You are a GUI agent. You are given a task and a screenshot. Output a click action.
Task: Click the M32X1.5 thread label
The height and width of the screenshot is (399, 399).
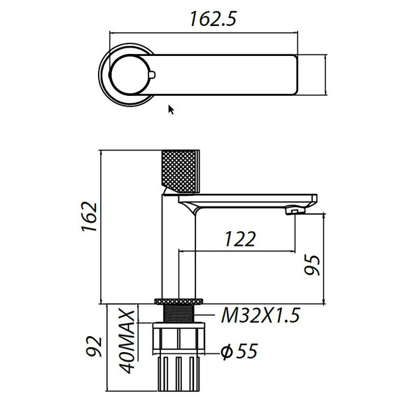pyautogui.click(x=259, y=316)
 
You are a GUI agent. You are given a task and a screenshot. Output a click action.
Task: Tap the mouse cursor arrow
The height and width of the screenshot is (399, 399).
pyautogui.click(x=171, y=108)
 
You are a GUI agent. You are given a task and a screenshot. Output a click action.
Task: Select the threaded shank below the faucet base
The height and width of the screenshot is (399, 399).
pyautogui.click(x=179, y=313)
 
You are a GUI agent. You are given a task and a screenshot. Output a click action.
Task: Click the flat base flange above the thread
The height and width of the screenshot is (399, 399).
pyautogui.click(x=179, y=301)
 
